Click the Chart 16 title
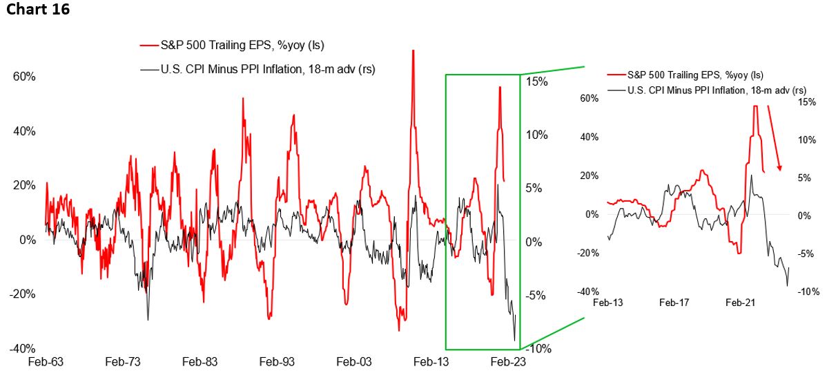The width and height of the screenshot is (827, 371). [39, 11]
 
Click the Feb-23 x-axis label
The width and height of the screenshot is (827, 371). [507, 361]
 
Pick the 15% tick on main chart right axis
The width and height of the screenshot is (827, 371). [536, 82]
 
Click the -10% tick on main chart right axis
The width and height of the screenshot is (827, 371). [536, 348]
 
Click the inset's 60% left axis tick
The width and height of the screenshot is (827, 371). [588, 98]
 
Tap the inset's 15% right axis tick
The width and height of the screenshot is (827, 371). [806, 102]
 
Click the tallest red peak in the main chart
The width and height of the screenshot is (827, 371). [413, 51]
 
